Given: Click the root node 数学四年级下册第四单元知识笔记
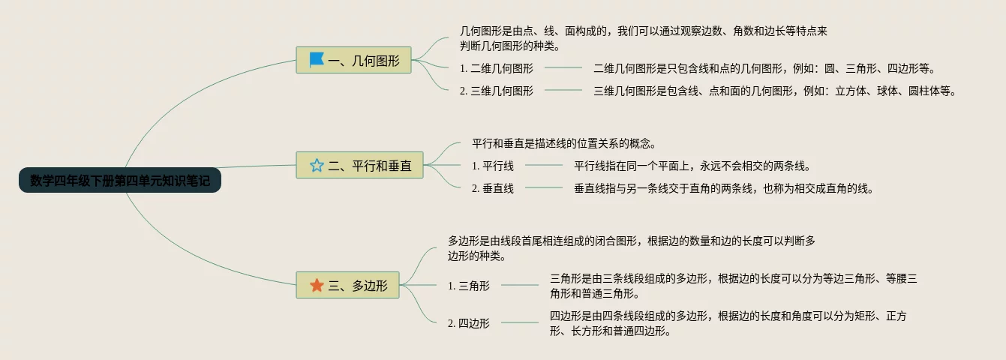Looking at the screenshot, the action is (x=120, y=181).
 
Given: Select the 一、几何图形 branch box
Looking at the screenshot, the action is (x=354, y=60).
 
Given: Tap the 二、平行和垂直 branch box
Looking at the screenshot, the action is (x=360, y=166).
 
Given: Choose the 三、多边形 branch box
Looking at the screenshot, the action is (x=347, y=285).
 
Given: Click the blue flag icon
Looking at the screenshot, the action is (x=317, y=60).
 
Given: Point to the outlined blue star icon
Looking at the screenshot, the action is (x=317, y=166).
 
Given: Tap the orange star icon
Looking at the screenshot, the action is (x=317, y=285).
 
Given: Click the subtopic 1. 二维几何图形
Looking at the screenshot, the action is (x=497, y=68).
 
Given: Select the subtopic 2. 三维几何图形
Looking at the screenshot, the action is (x=497, y=91).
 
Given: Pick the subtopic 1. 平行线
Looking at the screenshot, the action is (x=493, y=166).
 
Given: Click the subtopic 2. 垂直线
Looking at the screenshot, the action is (x=493, y=188).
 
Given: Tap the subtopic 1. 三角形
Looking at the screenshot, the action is (x=469, y=286).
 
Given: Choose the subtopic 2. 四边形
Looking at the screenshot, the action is (x=469, y=323).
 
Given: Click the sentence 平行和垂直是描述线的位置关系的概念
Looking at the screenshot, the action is (x=564, y=143).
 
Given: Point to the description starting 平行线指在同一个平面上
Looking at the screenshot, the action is (x=692, y=166).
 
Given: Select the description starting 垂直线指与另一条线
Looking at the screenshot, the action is (x=724, y=188).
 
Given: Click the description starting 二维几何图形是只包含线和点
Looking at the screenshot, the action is (x=764, y=68).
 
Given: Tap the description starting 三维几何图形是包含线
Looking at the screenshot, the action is (x=776, y=91).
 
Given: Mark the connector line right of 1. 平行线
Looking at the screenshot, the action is (x=544, y=166).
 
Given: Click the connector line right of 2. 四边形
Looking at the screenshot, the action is (x=520, y=323).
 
